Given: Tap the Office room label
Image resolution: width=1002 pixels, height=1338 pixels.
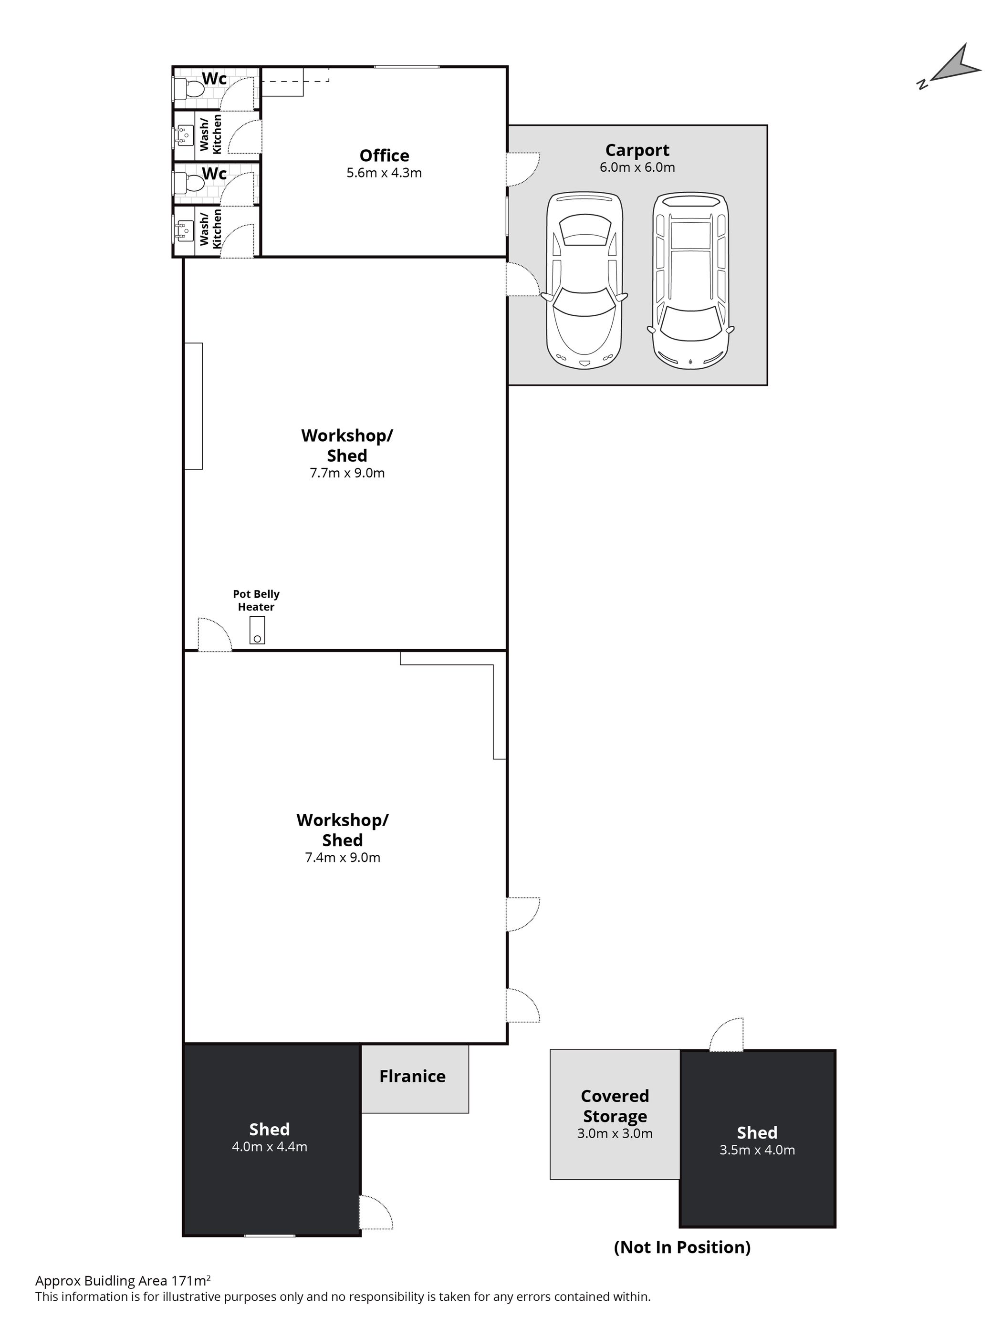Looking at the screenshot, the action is click(384, 156).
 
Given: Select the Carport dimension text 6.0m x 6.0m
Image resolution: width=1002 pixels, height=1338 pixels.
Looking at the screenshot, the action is click(637, 167).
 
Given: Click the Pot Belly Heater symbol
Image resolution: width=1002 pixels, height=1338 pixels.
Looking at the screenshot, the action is click(257, 630).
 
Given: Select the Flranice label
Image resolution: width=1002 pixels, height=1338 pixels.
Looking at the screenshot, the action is click(412, 1076).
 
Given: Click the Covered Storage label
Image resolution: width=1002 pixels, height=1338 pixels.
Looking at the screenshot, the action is click(615, 1106).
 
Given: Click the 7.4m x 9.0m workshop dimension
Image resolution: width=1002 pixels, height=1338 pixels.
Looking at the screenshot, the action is click(343, 857).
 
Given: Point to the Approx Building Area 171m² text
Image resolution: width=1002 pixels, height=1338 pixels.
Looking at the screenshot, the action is click(123, 1281).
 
